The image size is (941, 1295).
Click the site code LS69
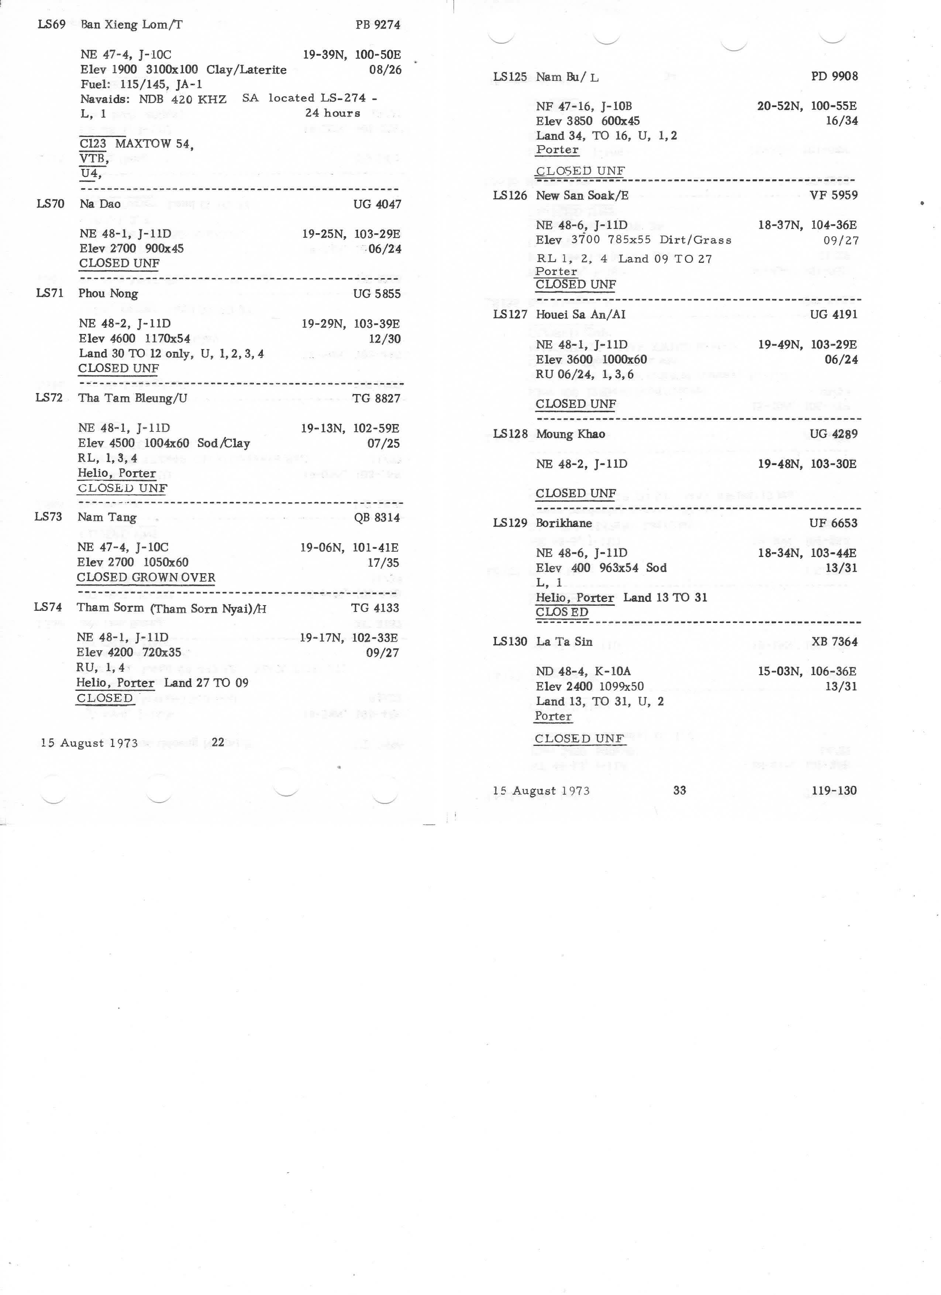tap(51, 25)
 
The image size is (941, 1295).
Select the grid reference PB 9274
tap(378, 25)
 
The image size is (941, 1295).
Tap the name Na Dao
tap(100, 204)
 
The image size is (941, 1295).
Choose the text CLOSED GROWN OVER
tap(146, 577)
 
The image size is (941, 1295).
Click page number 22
tap(218, 742)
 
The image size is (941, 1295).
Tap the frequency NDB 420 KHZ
tap(183, 99)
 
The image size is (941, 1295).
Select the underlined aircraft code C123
tap(93, 143)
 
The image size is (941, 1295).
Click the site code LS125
tap(510, 76)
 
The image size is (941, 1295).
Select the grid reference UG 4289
tap(833, 434)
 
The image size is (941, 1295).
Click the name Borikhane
tap(563, 523)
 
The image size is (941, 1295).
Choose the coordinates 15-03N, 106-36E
tap(807, 671)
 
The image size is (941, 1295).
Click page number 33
tap(679, 790)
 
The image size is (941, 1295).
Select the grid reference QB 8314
tap(376, 518)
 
